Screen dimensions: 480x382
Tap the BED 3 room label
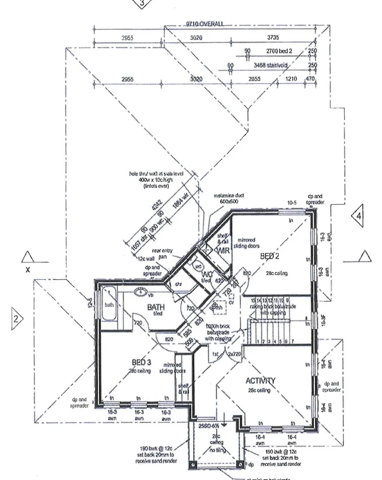point(141,361)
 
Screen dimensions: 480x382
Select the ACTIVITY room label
point(261,380)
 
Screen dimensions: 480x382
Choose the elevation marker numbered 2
point(16,318)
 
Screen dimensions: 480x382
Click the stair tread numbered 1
point(258,341)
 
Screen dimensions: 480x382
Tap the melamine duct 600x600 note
point(229,198)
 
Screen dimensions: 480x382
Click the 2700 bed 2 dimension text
point(278,52)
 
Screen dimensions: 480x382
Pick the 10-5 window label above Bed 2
point(292,203)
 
